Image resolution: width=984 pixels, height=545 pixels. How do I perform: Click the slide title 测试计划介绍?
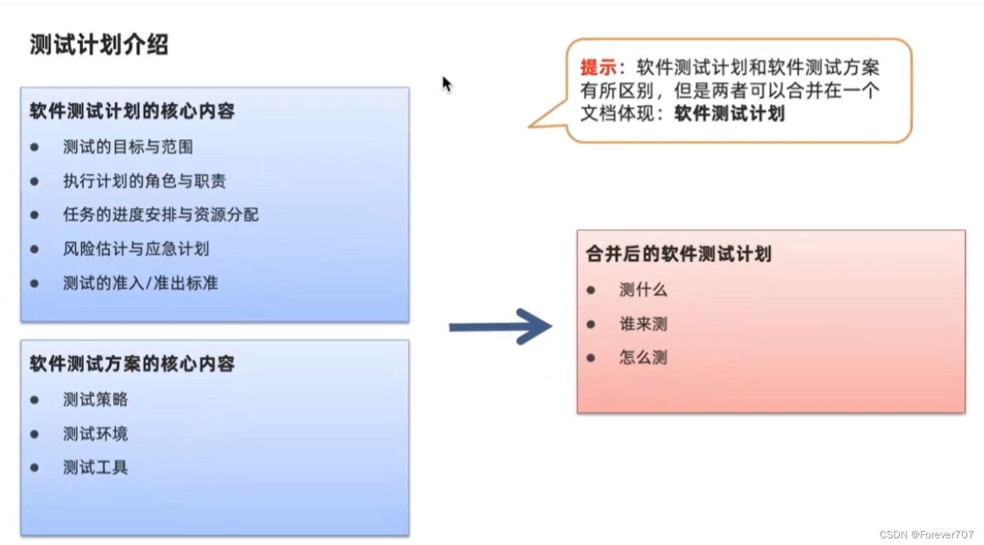tap(99, 45)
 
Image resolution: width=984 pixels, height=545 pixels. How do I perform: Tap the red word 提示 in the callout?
tap(597, 67)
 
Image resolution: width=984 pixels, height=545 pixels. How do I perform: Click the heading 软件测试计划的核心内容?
tap(132, 111)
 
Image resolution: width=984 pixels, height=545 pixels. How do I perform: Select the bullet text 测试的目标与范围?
tap(128, 147)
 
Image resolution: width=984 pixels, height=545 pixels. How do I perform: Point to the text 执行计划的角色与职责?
tap(144, 181)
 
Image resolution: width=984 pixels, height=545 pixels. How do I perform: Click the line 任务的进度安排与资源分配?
tap(160, 215)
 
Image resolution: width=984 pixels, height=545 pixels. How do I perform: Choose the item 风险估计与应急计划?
tap(136, 249)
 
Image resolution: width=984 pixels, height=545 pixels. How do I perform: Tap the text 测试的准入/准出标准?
tap(140, 283)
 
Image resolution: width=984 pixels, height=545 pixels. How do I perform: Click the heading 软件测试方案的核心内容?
tap(132, 364)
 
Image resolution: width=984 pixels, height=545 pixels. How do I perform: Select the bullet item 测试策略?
tap(95, 400)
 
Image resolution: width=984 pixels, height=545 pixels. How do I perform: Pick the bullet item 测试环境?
tap(95, 434)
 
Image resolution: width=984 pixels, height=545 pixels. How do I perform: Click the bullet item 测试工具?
tap(95, 467)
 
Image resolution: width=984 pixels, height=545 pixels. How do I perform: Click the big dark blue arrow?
tap(501, 326)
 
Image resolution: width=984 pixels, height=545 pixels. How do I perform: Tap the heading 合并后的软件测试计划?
tap(678, 253)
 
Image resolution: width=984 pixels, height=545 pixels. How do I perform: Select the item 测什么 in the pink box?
tap(643, 290)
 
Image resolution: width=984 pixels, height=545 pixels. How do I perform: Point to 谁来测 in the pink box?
tap(643, 324)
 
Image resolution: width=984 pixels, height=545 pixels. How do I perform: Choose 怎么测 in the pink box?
tap(643, 358)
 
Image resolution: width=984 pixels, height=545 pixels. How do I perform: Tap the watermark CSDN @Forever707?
tap(926, 534)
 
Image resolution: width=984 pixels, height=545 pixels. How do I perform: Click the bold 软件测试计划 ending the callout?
tap(729, 113)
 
